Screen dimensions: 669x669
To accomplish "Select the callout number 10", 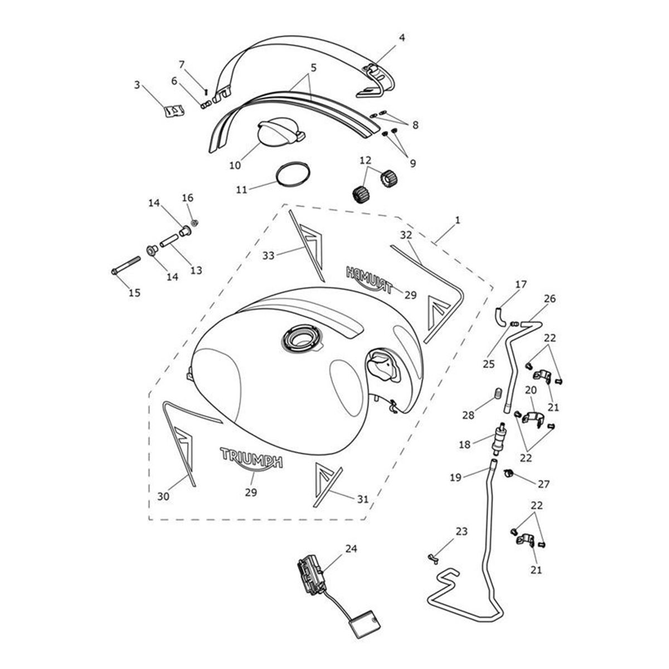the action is tap(235, 165).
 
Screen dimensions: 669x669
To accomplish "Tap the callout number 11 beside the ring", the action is tap(241, 190).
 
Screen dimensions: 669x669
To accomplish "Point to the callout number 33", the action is tap(268, 255).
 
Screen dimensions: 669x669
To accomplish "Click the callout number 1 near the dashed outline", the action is tap(458, 220).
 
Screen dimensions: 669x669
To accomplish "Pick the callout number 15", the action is tap(134, 293).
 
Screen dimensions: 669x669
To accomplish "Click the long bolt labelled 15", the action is tap(125, 265).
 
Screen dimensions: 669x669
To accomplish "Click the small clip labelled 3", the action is tap(173, 111).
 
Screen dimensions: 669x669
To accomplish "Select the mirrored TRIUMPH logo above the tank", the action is tap(369, 279).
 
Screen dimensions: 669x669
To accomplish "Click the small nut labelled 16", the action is tap(195, 222).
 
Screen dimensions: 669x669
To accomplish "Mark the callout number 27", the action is tap(544, 483).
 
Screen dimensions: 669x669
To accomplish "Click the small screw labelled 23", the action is tap(434, 559).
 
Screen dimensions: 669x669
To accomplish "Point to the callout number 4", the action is tap(401, 37).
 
